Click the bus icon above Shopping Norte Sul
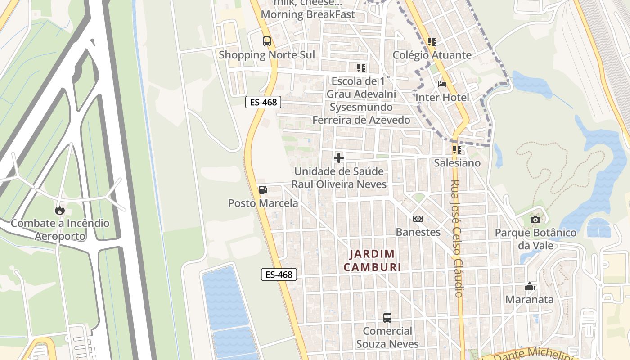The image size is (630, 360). coord(267,41)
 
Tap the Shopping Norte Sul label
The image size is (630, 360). coord(267,55)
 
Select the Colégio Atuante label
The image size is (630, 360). coord(432,55)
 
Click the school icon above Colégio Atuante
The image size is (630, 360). coord(432,42)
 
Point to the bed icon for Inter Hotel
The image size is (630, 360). coord(442,84)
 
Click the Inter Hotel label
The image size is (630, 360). coord(442,98)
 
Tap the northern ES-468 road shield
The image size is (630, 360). coord(263,103)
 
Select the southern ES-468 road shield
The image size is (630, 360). coord(279,274)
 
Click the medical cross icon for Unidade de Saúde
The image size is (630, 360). coord(339,158)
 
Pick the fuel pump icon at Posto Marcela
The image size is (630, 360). coord(263,189)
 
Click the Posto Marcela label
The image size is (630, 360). coord(263,203)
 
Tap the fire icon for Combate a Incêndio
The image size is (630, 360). coord(60,210)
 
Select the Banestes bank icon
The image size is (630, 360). coord(418,219)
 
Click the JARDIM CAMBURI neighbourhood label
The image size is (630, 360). coord(372,261)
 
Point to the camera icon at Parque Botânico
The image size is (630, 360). coord(535,220)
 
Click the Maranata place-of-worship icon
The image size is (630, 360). coord(530,286)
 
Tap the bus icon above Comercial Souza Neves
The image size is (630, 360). coord(387,317)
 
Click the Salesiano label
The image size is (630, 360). coord(457,163)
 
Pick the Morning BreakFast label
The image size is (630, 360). coord(308,14)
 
